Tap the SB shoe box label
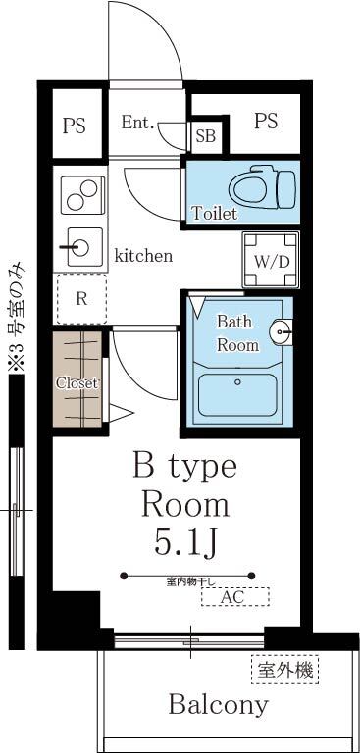coord(206,135)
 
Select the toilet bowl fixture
coord(259,185)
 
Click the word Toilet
coord(214,213)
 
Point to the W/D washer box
coord(272,260)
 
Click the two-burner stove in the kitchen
coord(80,194)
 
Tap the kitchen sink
coord(81,246)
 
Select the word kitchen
coord(143,256)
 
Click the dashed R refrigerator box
coord(81,300)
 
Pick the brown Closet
coord(77,382)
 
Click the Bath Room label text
coord(237,332)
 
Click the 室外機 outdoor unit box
coord(285,671)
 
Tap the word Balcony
coord(218,704)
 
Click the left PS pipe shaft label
coord(75,126)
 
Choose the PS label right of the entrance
coord(265,121)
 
